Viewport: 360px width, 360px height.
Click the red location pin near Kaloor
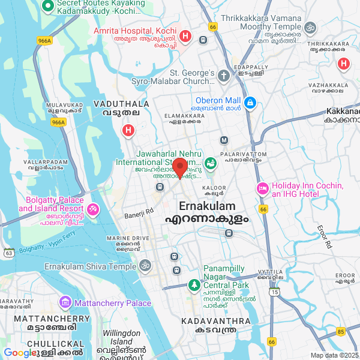coord(180,167)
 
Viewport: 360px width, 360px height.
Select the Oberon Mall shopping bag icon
coord(250,104)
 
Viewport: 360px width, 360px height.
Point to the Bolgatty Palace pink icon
coord(93,209)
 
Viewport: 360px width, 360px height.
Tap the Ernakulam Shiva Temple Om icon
coord(145,265)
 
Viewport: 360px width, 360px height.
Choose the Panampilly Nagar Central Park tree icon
coord(194,284)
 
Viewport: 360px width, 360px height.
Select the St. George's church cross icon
coord(224,76)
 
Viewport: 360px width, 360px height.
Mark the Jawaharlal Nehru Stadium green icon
coord(210,162)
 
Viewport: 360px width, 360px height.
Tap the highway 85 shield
coord(341,331)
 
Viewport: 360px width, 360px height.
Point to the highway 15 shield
coord(274,292)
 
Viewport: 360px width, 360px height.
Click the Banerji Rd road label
coord(139,211)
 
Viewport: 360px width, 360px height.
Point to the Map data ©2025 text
coord(334,355)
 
